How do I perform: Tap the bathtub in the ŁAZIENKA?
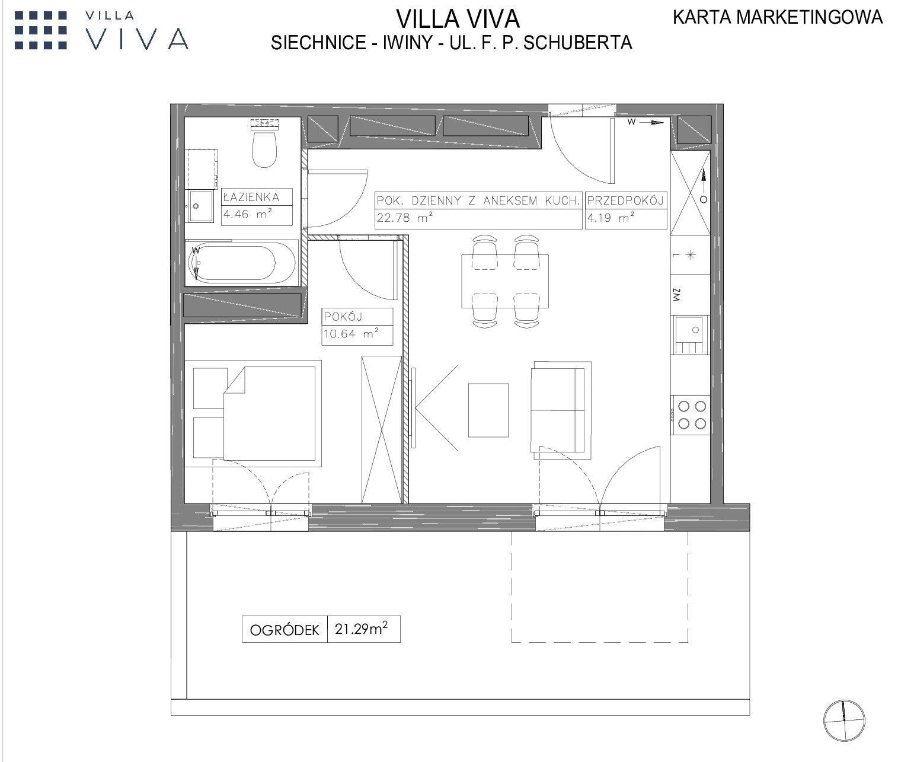tap(242, 263)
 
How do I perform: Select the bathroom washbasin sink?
tap(200, 206)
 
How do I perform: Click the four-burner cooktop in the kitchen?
tap(691, 415)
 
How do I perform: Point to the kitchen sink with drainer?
tap(690, 334)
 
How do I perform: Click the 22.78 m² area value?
tap(404, 218)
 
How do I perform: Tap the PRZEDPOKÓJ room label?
tap(625, 200)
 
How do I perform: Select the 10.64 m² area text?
tap(351, 333)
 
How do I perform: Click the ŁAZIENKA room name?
tap(251, 197)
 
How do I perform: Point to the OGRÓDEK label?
tap(285, 630)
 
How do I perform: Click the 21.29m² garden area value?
tap(361, 628)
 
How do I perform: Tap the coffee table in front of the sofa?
tap(488, 410)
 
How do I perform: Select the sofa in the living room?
tap(561, 410)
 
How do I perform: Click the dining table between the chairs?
tap(505, 281)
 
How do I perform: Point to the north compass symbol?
tap(844, 720)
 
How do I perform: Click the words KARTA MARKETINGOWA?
tap(778, 17)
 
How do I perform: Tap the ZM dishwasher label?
tap(676, 295)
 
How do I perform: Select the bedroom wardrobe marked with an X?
tap(382, 429)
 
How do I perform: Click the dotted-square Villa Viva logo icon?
tap(40, 30)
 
